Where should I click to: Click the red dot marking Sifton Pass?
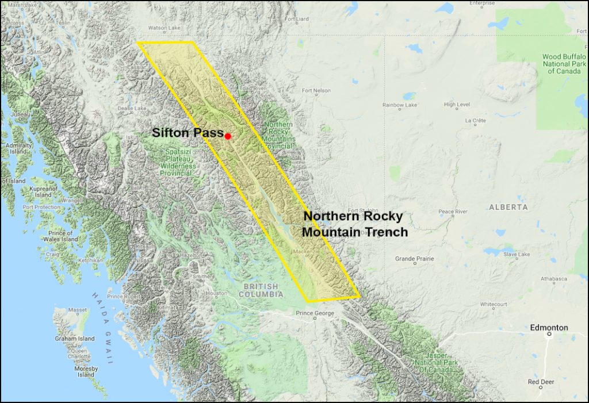pos(228,136)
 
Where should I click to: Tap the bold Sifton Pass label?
pos(188,133)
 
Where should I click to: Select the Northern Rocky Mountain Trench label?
pos(355,224)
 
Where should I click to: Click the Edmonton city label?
pos(549,328)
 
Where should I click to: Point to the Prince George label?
pos(315,313)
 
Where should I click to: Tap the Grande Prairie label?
pos(414,259)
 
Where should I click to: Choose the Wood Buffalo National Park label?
pos(564,64)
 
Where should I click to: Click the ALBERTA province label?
pos(508,207)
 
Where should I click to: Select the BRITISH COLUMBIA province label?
pos(263,290)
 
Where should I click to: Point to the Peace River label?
pos(454,212)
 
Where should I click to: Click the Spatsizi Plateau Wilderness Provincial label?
pos(178,162)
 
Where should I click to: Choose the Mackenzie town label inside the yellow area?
pos(306,252)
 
